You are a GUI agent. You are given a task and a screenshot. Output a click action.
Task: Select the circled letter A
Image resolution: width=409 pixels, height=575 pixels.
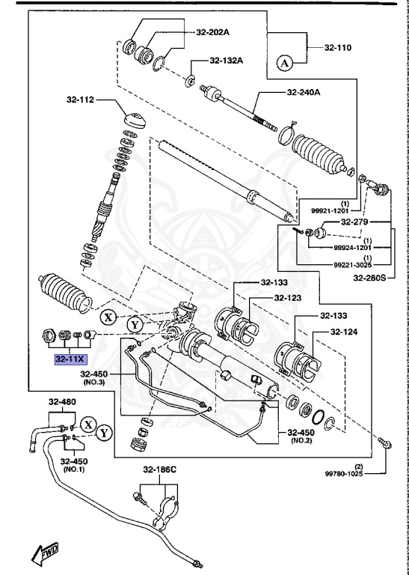point(285,63)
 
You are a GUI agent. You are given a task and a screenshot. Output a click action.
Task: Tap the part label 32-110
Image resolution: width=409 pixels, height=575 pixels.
point(338,47)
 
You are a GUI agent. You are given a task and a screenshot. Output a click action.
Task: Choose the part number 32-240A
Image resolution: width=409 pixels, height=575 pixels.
point(304,92)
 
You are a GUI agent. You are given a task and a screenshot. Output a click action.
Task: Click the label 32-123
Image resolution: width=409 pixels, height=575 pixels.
point(287,297)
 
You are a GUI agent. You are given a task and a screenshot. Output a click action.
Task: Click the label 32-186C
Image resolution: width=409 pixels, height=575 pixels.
point(160,469)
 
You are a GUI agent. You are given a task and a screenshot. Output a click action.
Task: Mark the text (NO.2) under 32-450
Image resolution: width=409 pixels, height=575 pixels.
point(301,441)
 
